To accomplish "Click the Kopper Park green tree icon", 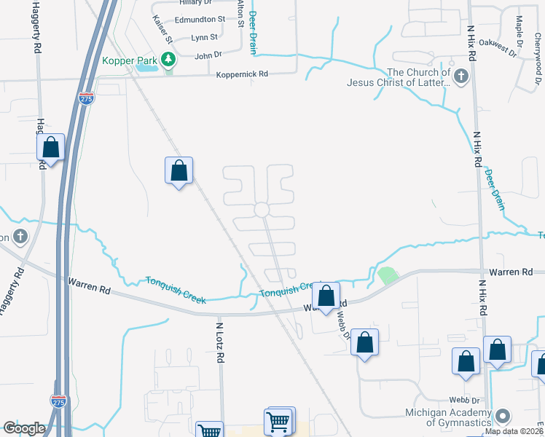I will click(x=169, y=58).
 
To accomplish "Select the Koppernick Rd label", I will click(x=242, y=74).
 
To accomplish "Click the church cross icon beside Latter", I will click(x=460, y=76).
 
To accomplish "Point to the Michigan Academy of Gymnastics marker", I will click(x=502, y=417).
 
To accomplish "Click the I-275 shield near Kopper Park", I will click(x=86, y=99).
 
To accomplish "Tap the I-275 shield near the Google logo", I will click(x=58, y=401).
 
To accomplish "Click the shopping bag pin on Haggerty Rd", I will click(x=51, y=148).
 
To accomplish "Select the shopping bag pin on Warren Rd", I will click(x=326, y=296).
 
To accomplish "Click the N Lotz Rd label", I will click(x=218, y=338).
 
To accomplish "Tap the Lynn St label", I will click(x=204, y=37).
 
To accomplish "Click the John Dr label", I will click(x=208, y=55).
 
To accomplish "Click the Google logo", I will click(x=24, y=428).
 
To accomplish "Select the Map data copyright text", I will click(x=514, y=431).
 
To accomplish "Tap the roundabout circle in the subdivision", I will click(x=262, y=210).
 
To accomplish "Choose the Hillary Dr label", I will click(x=184, y=3).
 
